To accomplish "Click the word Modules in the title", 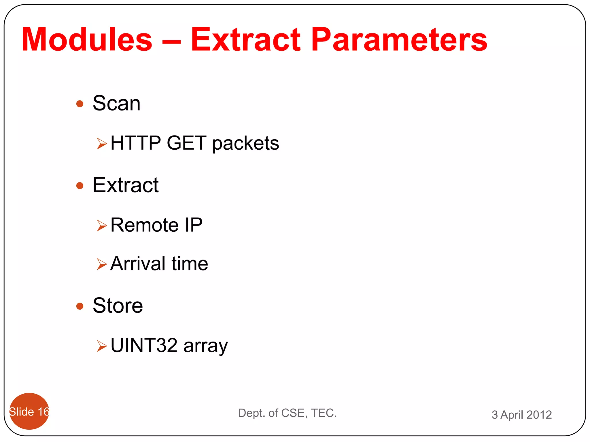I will (87, 39).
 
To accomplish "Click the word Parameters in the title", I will (399, 39).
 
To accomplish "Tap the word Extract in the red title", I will (245, 39).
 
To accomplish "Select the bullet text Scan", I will (116, 103).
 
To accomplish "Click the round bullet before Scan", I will (80, 104).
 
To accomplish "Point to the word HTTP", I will (135, 143).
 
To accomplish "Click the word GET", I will (186, 143).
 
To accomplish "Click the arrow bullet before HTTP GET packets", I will (102, 144).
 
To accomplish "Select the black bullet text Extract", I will (125, 185).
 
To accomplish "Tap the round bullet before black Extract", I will (80, 186).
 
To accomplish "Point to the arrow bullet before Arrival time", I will (102, 264).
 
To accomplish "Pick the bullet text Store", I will (118, 306).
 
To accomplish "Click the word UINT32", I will (144, 345).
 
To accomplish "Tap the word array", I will (205, 346).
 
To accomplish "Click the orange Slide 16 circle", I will (29, 411).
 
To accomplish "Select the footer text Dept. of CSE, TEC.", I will (287, 413).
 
